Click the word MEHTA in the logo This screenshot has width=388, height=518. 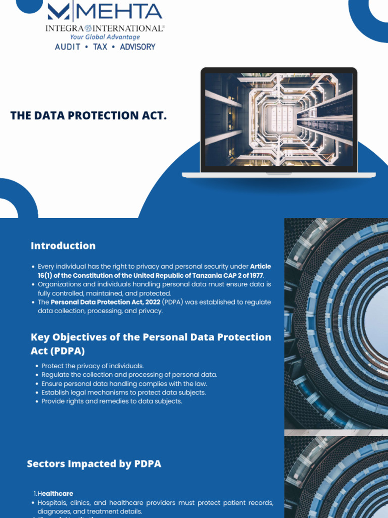pyautogui.click(x=126, y=12)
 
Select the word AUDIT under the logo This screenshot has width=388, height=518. pyautogui.click(x=67, y=47)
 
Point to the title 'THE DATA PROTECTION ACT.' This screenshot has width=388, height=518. pyautogui.click(x=88, y=116)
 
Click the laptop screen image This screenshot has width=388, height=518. pyautogui.click(x=278, y=120)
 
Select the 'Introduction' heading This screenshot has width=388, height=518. pyautogui.click(x=63, y=246)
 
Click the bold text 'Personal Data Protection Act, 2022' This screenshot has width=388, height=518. pyautogui.click(x=105, y=302)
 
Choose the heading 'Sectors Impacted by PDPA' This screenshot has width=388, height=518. pyautogui.click(x=94, y=463)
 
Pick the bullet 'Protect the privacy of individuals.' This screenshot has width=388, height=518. pyautogui.click(x=92, y=366)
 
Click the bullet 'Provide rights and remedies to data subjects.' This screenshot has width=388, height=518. pyautogui.click(x=112, y=401)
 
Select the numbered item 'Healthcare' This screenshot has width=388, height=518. pyautogui.click(x=56, y=493)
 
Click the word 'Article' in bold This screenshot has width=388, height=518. pyautogui.click(x=261, y=266)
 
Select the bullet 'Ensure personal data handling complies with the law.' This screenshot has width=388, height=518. pyautogui.click(x=124, y=383)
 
